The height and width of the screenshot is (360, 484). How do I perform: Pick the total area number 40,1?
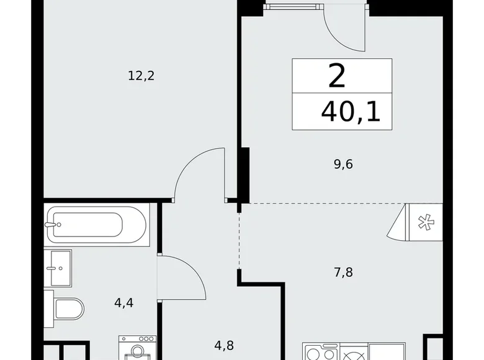(351, 112)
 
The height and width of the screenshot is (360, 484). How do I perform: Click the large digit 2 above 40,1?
(337, 77)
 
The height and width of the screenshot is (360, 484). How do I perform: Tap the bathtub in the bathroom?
(97, 225)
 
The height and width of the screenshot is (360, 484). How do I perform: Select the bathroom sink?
(60, 268)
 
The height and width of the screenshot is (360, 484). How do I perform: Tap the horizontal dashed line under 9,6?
(323, 203)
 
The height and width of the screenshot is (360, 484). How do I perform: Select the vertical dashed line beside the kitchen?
(239, 242)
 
